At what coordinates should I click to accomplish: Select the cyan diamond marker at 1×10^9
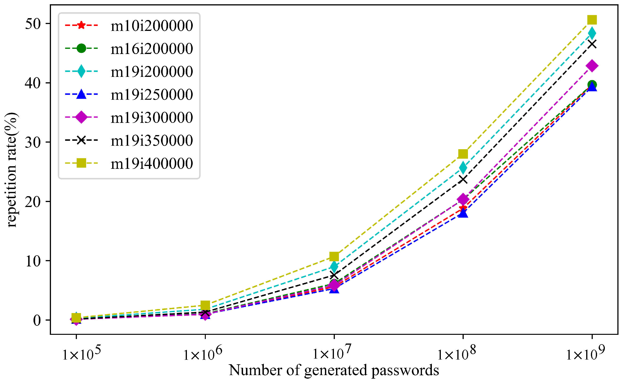click(x=592, y=33)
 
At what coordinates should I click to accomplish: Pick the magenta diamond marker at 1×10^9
click(x=592, y=66)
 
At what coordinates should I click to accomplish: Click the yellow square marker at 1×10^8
click(x=463, y=154)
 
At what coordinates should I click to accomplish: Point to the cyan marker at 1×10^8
click(x=463, y=168)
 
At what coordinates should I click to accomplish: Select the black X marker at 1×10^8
click(x=463, y=180)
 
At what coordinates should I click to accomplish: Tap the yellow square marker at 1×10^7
click(x=334, y=257)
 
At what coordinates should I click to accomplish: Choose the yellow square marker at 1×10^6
click(x=205, y=305)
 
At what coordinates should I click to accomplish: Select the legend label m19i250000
click(x=152, y=95)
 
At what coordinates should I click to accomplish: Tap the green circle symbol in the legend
click(x=81, y=48)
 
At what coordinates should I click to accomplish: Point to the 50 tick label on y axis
click(x=33, y=24)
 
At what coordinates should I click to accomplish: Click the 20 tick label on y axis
click(x=33, y=202)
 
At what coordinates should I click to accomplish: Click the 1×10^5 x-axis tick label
click(x=81, y=353)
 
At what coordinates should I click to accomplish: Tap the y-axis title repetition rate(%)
click(x=11, y=170)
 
